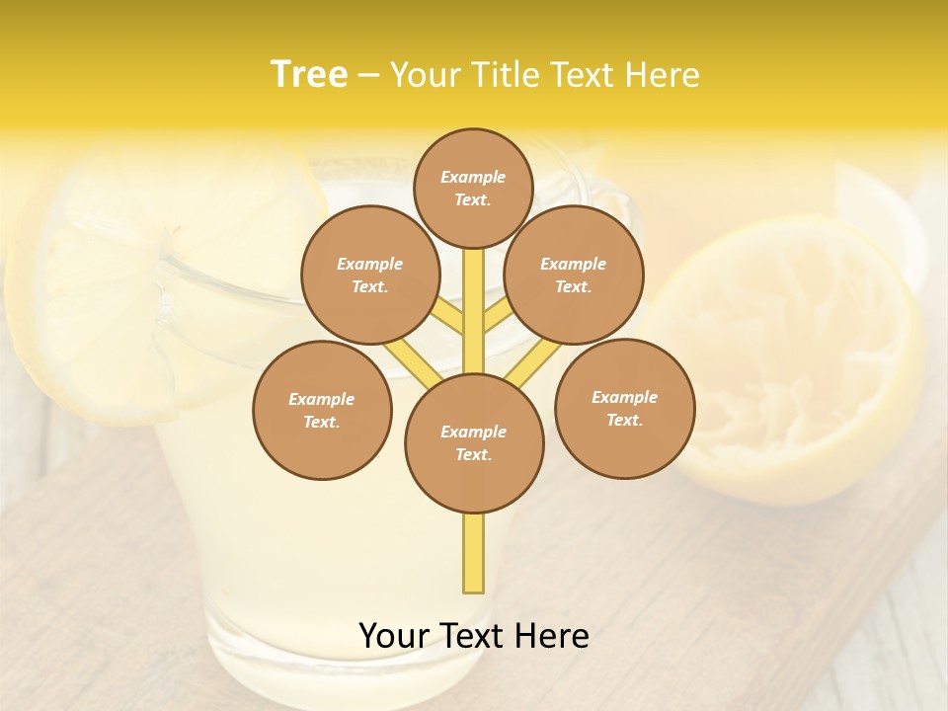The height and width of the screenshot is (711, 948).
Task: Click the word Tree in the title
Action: click(x=309, y=74)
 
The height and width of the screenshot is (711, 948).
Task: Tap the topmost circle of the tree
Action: click(x=473, y=188)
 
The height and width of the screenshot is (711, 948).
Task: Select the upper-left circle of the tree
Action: click(x=370, y=275)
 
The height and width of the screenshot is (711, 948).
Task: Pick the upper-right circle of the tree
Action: click(x=574, y=275)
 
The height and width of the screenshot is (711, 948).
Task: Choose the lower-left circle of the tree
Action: click(x=322, y=410)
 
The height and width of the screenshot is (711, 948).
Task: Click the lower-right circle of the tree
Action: click(x=624, y=408)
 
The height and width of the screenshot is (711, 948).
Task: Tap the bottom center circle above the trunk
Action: click(x=474, y=443)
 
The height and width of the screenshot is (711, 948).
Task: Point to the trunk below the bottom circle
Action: click(x=474, y=553)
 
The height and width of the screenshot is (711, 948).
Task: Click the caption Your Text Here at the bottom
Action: click(x=473, y=636)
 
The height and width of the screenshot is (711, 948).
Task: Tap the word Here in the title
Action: click(x=666, y=75)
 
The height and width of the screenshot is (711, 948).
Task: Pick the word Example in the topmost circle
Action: click(x=473, y=177)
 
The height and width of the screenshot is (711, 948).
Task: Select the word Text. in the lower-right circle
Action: click(x=624, y=421)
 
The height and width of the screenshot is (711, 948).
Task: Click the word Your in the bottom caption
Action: click(x=394, y=636)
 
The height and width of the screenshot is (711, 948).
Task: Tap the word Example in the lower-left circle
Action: click(x=322, y=399)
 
